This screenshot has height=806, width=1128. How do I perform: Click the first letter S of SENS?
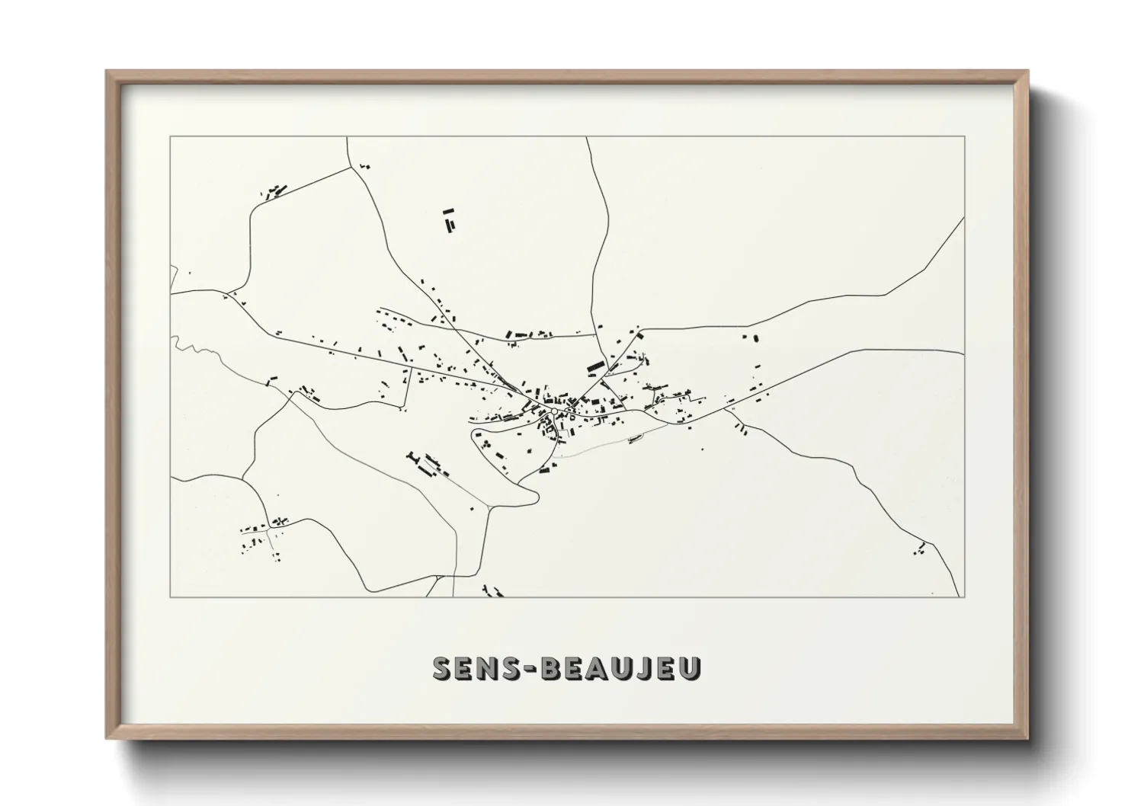[443, 669]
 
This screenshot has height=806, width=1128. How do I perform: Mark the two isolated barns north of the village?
[449, 220]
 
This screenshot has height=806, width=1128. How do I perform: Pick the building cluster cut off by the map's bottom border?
[494, 590]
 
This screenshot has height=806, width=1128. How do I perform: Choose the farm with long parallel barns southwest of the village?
[430, 464]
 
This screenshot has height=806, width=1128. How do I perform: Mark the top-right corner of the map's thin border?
[964, 137]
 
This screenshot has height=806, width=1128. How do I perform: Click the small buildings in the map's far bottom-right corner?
[921, 549]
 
